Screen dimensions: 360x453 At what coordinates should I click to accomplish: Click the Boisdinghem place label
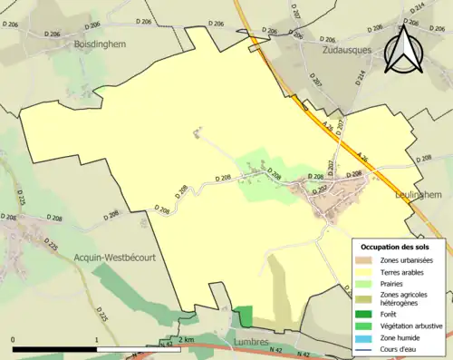pyautogui.click(x=99, y=43)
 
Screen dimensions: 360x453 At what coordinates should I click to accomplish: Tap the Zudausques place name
pyautogui.click(x=349, y=52)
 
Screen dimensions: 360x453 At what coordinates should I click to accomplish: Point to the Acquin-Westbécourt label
pyautogui.click(x=117, y=257)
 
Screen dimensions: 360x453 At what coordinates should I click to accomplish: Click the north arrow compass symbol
pyautogui.click(x=402, y=50)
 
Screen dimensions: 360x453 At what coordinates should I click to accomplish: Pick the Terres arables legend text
pyautogui.click(x=405, y=272)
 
